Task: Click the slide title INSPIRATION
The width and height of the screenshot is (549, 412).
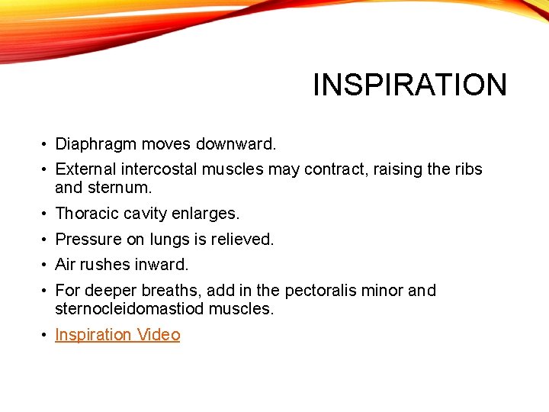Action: (x=409, y=85)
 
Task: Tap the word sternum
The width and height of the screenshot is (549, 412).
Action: (x=111, y=187)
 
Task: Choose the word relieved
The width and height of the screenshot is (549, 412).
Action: (x=241, y=239)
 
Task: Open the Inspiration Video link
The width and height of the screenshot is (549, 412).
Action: (x=117, y=335)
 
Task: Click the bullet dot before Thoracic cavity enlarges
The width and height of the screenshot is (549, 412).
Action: (x=46, y=214)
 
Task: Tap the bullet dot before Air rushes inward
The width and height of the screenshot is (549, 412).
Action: (x=46, y=266)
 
